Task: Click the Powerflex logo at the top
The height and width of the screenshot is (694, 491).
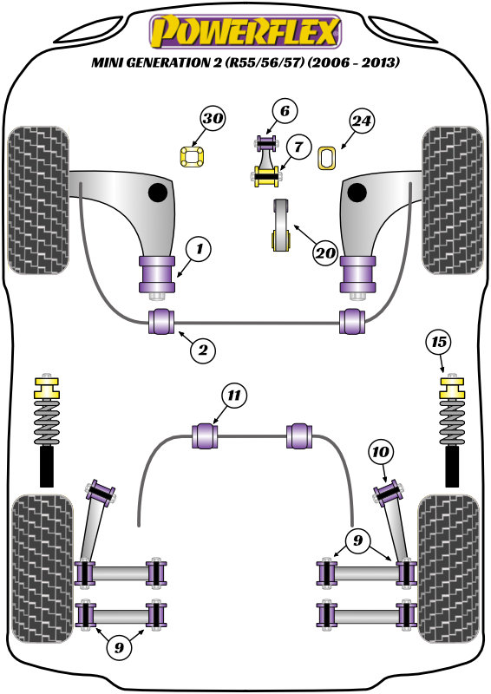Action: coord(245,32)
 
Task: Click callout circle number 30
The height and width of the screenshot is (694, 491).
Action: coord(213,118)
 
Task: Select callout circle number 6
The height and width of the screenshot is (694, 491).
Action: coord(285,111)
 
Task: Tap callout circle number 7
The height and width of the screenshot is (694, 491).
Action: coord(298,147)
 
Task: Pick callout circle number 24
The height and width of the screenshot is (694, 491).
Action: coord(362,121)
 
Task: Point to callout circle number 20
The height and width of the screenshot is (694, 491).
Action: coord(325,253)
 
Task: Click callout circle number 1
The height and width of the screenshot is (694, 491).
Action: coord(199,249)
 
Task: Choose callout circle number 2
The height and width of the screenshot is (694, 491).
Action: coord(203,350)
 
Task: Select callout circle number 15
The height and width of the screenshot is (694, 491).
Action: coord(439,342)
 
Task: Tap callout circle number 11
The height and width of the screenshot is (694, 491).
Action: coord(233,395)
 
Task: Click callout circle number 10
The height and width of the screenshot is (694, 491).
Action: coord(381,452)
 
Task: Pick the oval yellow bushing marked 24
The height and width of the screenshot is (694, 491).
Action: coord(327,159)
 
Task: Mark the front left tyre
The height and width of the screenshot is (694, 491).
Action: coord(38,200)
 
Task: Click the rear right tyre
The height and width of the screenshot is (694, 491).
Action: coord(448,570)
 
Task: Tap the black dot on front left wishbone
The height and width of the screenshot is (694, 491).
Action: coord(158,193)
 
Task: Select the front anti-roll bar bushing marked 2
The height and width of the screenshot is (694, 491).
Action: coord(160,322)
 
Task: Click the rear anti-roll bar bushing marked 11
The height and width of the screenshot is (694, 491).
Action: coord(205,436)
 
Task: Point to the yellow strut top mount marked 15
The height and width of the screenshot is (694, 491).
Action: coord(452,388)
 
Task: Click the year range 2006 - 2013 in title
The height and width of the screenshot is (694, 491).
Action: coord(353,62)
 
